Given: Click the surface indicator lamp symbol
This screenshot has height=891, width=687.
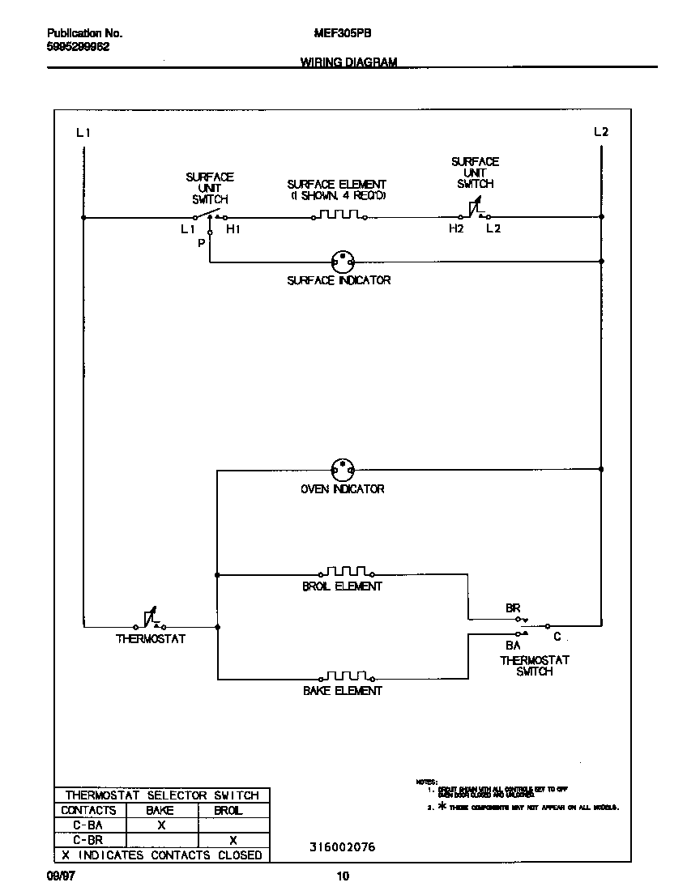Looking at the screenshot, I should pyautogui.click(x=343, y=262).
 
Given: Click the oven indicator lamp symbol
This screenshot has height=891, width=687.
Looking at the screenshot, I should pyautogui.click(x=343, y=469).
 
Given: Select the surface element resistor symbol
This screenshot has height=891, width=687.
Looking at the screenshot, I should pyautogui.click(x=339, y=215).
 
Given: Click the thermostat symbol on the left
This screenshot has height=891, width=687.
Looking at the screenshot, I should pyautogui.click(x=151, y=620).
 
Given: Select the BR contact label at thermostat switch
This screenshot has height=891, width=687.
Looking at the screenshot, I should pyautogui.click(x=512, y=607).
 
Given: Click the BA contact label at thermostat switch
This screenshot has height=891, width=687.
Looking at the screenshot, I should pyautogui.click(x=512, y=646).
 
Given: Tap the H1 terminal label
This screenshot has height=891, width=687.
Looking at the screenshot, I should pyautogui.click(x=233, y=229).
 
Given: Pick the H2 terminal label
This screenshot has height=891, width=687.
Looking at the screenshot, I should pyautogui.click(x=457, y=229).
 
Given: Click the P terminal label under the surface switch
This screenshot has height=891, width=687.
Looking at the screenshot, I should pyautogui.click(x=201, y=243).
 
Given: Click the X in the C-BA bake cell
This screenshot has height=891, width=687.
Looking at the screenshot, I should pyautogui.click(x=160, y=825).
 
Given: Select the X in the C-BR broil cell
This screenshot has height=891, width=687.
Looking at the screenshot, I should pyautogui.click(x=233, y=840).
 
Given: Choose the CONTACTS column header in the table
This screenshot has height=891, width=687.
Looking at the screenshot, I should pyautogui.click(x=88, y=810).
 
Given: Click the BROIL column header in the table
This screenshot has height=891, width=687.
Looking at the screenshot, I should pyautogui.click(x=228, y=810).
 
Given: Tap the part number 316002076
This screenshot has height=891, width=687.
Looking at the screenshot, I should pyautogui.click(x=342, y=847).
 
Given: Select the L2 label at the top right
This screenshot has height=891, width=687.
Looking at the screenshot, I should pyautogui.click(x=600, y=131).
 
